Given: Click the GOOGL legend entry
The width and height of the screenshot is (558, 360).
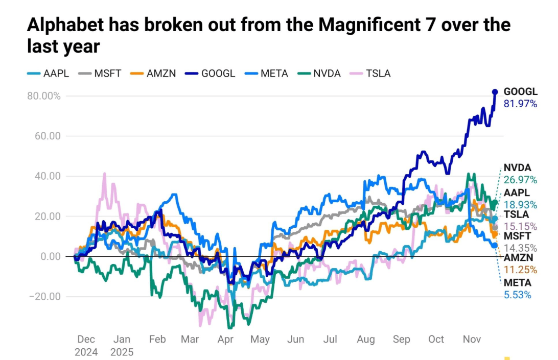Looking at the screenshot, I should (212, 74).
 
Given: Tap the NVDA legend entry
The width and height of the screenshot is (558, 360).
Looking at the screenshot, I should (320, 74).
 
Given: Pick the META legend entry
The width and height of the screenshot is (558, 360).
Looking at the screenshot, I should (267, 74).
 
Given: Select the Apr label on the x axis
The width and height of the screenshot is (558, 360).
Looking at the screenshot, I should (225, 339).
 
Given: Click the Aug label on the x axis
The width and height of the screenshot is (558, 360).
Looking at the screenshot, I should (366, 339).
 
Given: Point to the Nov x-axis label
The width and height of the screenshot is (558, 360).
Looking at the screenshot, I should (472, 339).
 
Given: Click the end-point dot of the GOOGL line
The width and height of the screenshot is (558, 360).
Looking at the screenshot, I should (495, 92).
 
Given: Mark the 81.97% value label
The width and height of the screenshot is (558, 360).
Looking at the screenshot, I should (520, 104).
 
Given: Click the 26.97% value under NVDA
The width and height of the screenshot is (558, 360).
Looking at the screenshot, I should (520, 180).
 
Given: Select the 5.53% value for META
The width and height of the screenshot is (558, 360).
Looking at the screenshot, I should (517, 295).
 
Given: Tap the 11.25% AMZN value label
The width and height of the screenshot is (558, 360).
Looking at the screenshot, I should (520, 270).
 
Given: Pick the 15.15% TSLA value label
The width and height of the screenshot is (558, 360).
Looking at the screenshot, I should (520, 226).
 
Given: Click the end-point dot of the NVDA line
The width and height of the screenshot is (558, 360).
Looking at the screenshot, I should (494, 202).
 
